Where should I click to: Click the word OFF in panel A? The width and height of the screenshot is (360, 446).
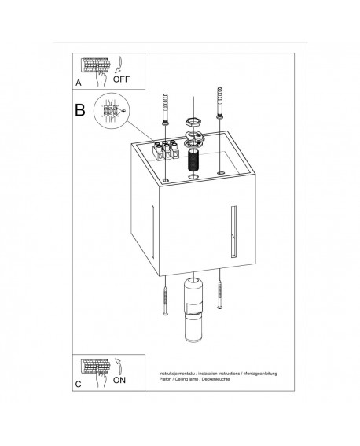[122, 79]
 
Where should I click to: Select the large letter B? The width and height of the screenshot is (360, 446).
[80, 110]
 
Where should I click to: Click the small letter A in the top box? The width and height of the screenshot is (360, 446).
[78, 82]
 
